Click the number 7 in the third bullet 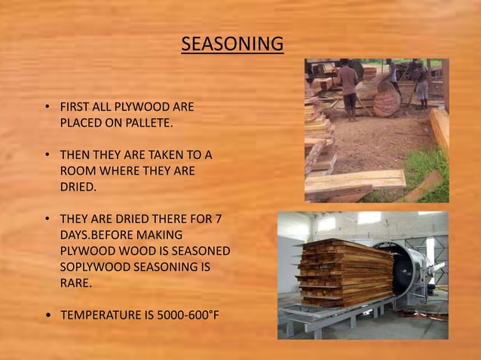click(x=217, y=219)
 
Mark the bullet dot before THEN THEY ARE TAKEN click(x=48, y=155)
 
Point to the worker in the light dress click(x=421, y=83)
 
